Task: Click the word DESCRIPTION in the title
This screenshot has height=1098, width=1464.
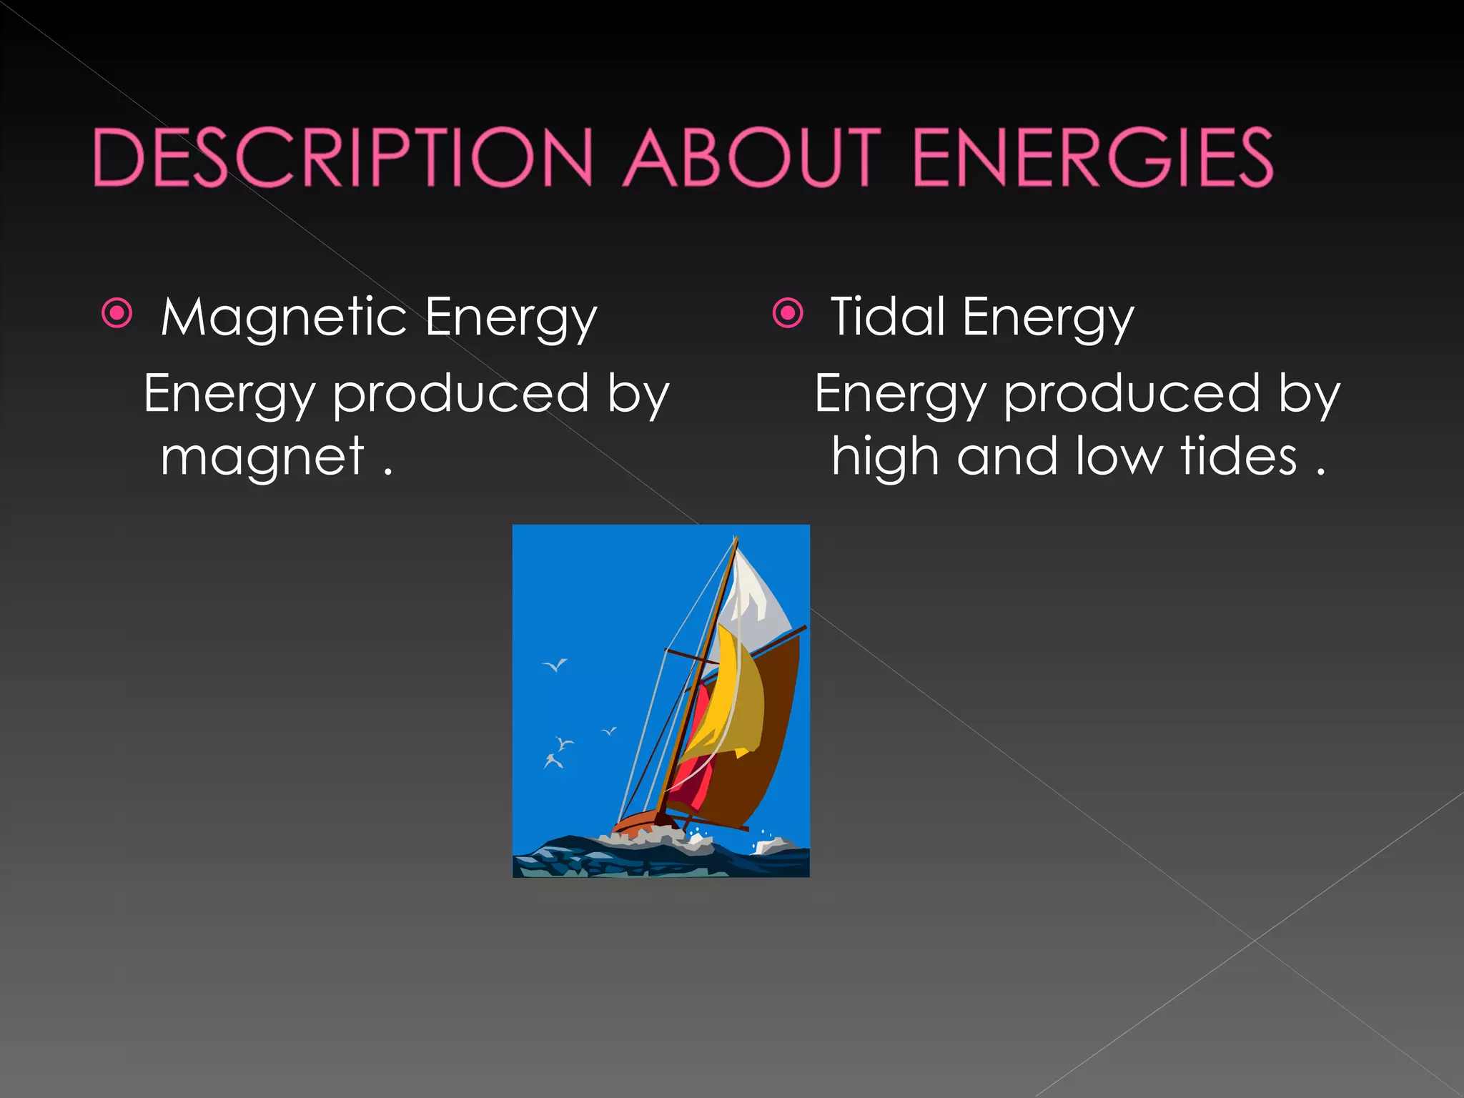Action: pyautogui.click(x=343, y=157)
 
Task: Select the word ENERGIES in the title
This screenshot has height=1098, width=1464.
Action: pyautogui.click(x=1093, y=157)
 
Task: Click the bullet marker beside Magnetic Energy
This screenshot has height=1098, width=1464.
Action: pyautogui.click(x=117, y=313)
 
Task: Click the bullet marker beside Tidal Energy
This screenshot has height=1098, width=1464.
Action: pyautogui.click(x=788, y=313)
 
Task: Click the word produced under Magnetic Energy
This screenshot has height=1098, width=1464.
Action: pyautogui.click(x=461, y=395)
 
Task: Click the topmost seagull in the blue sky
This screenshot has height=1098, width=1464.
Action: pyautogui.click(x=555, y=666)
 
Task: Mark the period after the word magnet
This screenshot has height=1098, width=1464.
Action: pyautogui.click(x=387, y=473)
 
